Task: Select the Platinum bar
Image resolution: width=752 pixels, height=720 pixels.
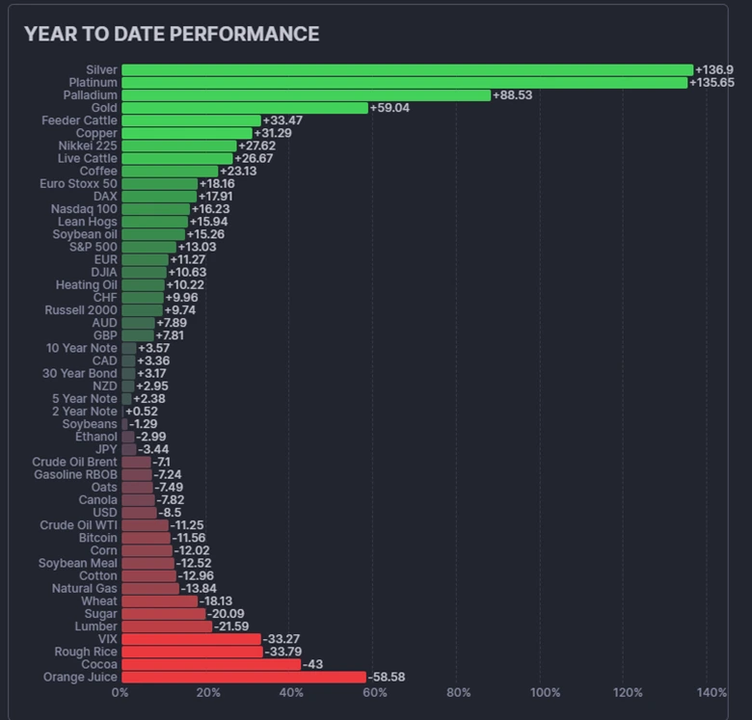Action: (404, 83)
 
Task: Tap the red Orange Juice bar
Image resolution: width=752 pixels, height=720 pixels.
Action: (243, 678)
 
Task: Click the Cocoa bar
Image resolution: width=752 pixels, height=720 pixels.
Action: (211, 665)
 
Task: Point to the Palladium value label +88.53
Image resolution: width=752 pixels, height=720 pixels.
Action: (512, 95)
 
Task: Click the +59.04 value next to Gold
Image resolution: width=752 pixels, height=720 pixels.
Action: (389, 108)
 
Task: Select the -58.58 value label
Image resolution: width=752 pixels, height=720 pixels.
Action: (386, 678)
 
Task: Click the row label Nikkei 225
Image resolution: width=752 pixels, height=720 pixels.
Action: (88, 146)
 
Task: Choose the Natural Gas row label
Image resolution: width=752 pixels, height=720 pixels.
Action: (85, 588)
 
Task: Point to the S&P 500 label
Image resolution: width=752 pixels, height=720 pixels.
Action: (94, 247)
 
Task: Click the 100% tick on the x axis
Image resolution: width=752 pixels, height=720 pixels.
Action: (545, 693)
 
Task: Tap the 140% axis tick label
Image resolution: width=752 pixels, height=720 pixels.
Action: (712, 693)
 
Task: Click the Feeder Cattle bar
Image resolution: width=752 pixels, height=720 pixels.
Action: (191, 120)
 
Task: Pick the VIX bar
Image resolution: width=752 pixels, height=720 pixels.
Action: (191, 639)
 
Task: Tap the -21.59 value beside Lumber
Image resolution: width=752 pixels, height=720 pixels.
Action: (231, 627)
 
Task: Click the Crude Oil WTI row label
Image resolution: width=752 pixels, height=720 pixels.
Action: (78, 525)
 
